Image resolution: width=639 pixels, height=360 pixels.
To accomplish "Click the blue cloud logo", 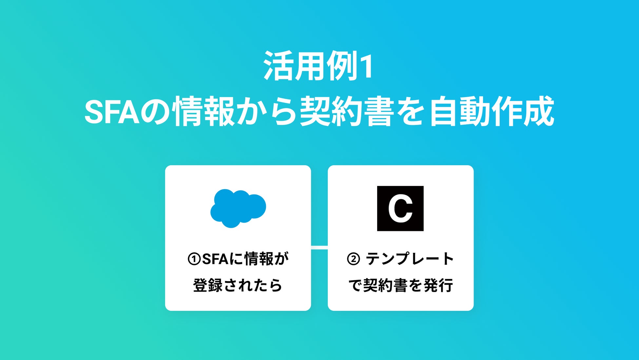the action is click(x=238, y=208).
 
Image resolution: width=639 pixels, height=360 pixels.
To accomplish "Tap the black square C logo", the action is click(x=400, y=209).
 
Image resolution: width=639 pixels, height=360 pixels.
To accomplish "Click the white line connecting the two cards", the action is click(x=319, y=247).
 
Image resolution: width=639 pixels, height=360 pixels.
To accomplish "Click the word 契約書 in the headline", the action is click(x=347, y=111).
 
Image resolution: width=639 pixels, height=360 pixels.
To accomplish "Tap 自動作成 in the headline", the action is click(x=492, y=111).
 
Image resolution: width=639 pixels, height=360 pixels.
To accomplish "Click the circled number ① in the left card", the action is click(x=194, y=259).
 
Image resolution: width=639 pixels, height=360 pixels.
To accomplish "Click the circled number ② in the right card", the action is click(x=353, y=259).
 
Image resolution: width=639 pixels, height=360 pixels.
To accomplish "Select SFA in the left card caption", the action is click(x=215, y=259).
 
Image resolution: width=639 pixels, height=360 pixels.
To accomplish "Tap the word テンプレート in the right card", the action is click(x=410, y=259).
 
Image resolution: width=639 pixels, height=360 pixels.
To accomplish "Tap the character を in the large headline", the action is click(x=411, y=111).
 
